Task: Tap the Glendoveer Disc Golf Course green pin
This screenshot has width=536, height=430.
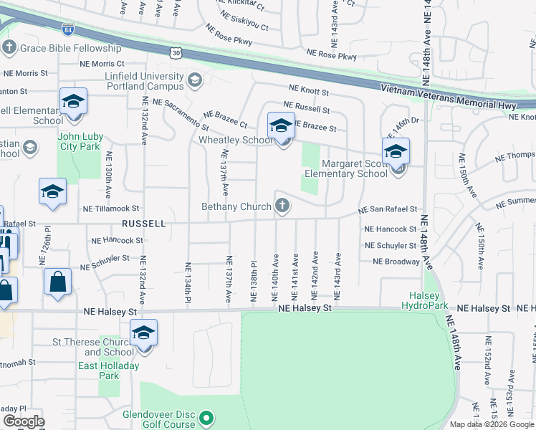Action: pos(207,417)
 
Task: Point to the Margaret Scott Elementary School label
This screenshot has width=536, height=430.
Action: pos(345,168)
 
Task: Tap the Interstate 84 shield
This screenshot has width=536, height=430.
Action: pos(67,31)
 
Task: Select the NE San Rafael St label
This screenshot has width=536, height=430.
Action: pos(388,209)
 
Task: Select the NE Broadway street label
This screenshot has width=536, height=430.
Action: pos(396,262)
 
